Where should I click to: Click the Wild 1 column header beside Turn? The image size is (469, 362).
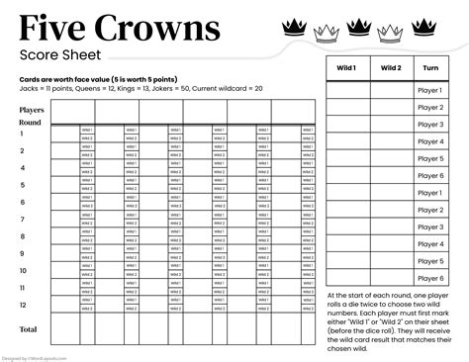point(348,68)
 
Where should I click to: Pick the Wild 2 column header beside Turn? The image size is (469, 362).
point(391,68)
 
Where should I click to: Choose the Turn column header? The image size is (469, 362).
point(430,68)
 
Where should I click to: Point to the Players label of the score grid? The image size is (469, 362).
point(32,111)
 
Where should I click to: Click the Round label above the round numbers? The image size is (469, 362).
point(30,123)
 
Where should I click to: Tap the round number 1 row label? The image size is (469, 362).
point(22,134)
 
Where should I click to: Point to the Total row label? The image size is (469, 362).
point(29,328)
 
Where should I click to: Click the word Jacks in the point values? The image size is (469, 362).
point(29,88)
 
